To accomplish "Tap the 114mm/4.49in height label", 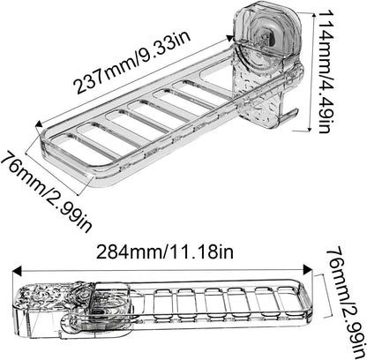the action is click(327, 71).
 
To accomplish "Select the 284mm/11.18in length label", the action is click(165, 251).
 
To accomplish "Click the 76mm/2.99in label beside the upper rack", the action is click(47, 191).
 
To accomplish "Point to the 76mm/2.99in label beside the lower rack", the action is click(346, 304).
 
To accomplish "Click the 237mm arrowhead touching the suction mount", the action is click(229, 38).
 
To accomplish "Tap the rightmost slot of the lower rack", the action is click(288, 303).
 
